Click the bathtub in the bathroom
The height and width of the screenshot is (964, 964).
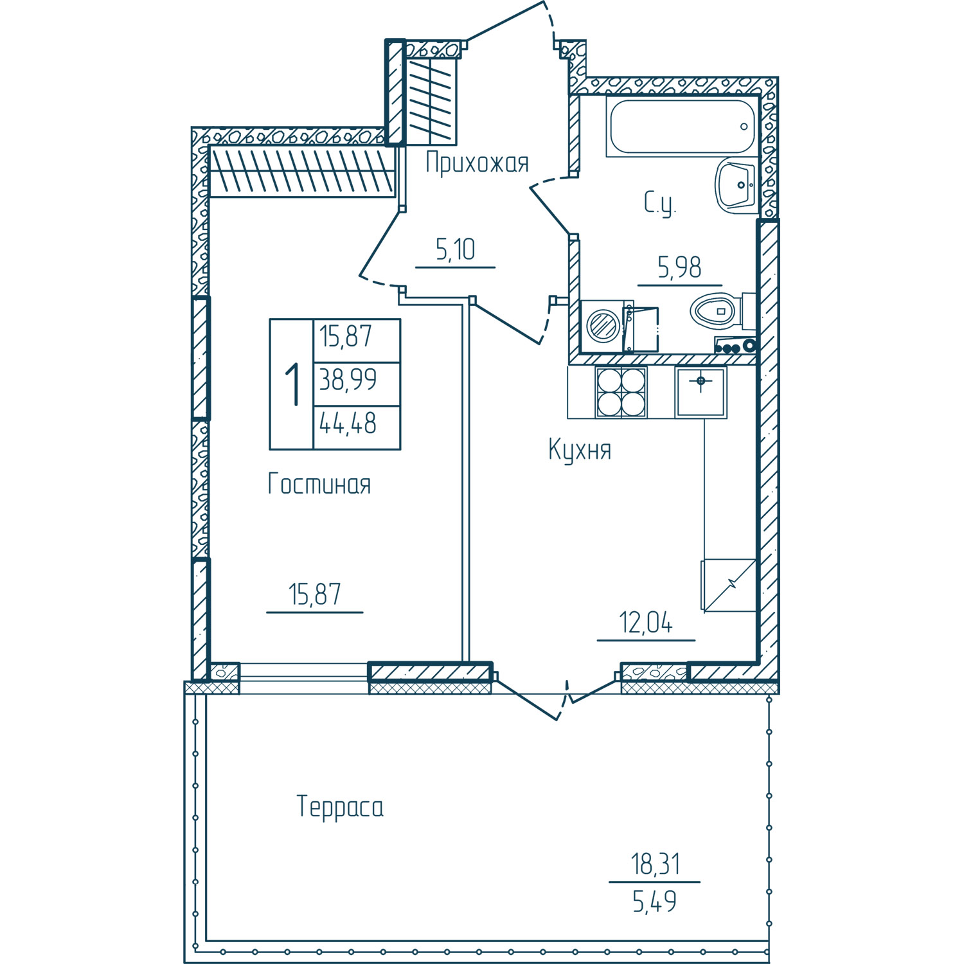point(682,126)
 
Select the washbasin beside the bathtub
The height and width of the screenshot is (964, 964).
point(737,186)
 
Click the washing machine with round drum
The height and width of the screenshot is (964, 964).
point(605,326)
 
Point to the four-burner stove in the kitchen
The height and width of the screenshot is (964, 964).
point(621,392)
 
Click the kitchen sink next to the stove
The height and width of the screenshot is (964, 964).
point(701,392)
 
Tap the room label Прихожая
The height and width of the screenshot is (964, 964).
point(477,164)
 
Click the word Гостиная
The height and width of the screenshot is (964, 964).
point(319,484)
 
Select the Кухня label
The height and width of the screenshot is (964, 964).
point(580,451)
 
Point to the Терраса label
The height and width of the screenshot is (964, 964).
point(340,807)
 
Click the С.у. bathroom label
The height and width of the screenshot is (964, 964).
point(660,204)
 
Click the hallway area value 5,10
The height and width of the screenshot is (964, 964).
point(455,249)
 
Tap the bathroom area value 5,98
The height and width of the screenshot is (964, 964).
point(679,267)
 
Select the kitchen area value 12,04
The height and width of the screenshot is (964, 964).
point(646,623)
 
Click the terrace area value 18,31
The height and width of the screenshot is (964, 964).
point(655,864)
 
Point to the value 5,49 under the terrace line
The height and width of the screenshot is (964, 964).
point(655,902)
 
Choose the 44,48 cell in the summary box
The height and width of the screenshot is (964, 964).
point(348,424)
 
